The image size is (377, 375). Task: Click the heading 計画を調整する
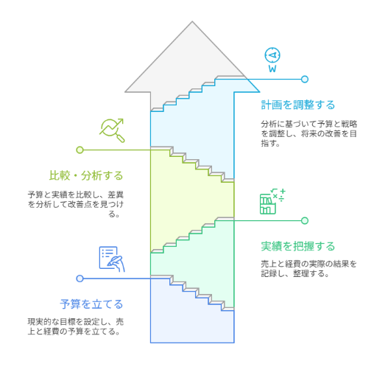(297, 105)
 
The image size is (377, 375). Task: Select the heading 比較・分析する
(86, 175)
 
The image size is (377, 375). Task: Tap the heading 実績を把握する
(297, 246)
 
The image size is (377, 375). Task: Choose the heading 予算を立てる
(91, 304)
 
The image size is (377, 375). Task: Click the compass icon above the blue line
(272, 60)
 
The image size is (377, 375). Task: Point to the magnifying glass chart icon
(112, 130)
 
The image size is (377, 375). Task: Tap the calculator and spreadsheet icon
(272, 201)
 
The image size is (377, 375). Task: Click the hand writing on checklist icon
(112, 259)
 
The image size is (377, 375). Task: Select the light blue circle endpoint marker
(305, 80)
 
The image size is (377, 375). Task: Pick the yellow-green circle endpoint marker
(80, 150)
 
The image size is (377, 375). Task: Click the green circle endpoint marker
(305, 220)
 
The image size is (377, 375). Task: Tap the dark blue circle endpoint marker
(80, 278)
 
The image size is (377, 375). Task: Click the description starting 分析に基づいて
(309, 133)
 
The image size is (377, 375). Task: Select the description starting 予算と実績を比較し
(76, 204)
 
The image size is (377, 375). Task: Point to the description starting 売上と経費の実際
(309, 269)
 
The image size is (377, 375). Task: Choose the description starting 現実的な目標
(76, 326)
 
